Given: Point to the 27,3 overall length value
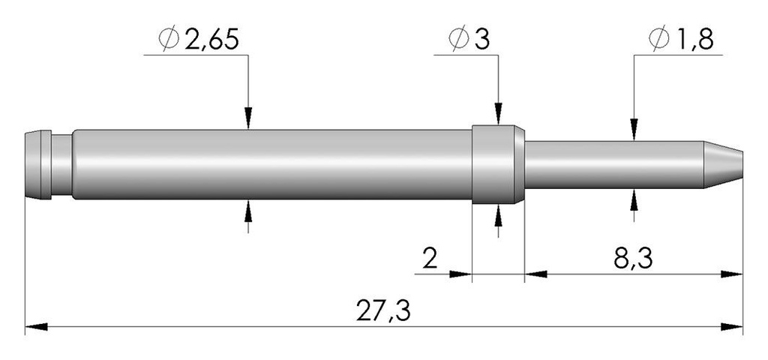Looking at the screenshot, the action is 383,310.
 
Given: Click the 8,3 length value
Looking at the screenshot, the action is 633,259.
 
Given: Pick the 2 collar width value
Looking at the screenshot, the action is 430,259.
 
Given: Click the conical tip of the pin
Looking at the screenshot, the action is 724,164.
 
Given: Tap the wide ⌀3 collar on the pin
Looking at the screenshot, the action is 498,164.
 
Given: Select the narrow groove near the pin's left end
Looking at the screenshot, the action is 61,164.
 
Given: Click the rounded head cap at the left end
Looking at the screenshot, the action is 38,164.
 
